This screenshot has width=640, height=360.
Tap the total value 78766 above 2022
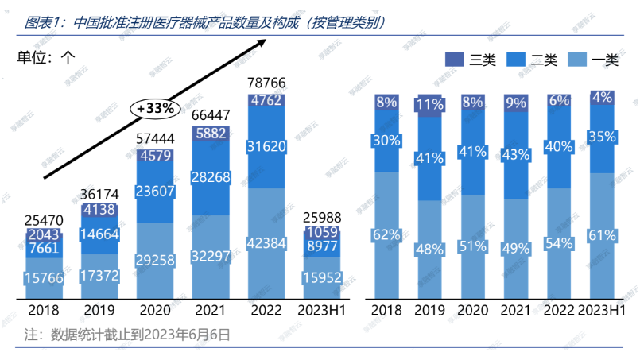point(266,83)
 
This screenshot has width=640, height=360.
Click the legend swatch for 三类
point(454,59)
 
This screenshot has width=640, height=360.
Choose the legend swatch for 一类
point(578,59)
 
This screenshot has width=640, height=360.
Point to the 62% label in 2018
point(386,235)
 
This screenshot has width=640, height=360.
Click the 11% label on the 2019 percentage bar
point(429,104)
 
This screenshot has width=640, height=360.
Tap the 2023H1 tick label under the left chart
point(321,311)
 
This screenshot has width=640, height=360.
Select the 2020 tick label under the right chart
point(472,311)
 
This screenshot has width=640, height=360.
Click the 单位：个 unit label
point(45,57)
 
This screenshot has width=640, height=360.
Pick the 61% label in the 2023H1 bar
point(602,234)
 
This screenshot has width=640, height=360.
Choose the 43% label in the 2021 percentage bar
point(515,154)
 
